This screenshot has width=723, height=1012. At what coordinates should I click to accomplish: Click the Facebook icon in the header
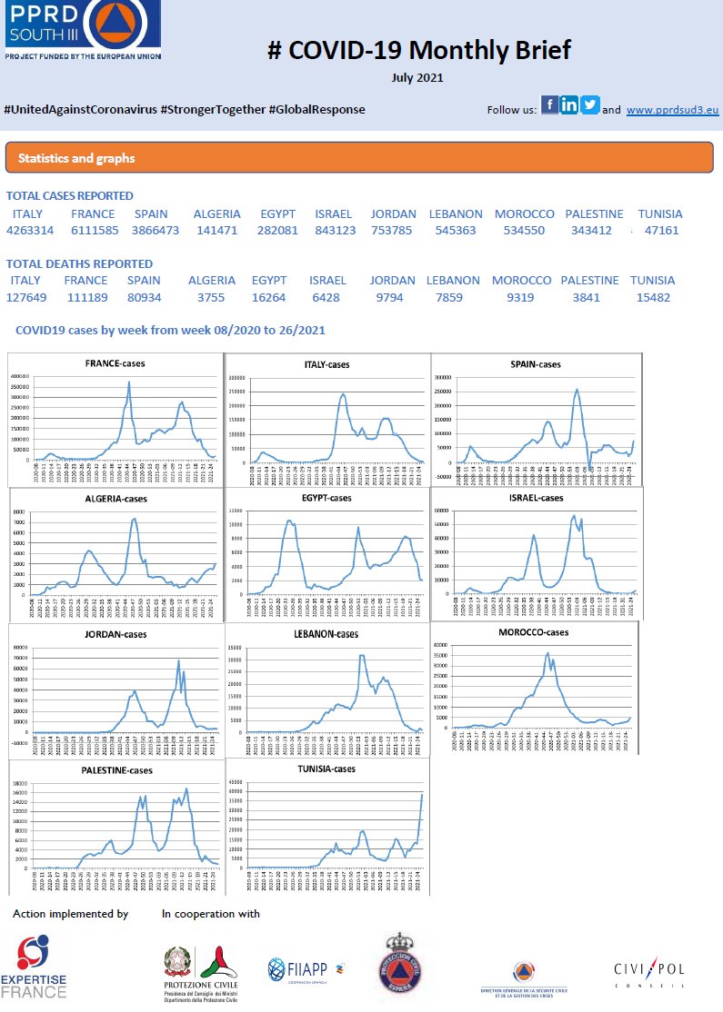(x=550, y=104)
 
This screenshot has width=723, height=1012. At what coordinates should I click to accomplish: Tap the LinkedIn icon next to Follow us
(x=570, y=104)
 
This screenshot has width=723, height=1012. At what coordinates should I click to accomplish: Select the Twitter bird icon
(x=590, y=104)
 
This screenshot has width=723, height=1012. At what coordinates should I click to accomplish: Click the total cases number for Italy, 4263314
(x=30, y=231)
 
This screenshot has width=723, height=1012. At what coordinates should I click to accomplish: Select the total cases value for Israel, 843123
(x=336, y=231)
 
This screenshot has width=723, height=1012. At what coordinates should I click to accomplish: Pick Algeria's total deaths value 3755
(x=211, y=297)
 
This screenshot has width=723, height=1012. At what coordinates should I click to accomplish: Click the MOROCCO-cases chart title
(x=534, y=632)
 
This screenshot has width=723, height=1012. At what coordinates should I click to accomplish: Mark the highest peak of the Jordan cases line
(x=178, y=660)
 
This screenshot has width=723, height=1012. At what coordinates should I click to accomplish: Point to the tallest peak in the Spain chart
(x=577, y=390)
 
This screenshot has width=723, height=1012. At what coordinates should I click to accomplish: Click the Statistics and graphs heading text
(x=76, y=158)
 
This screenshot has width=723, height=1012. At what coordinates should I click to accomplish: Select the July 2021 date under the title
(x=418, y=78)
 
